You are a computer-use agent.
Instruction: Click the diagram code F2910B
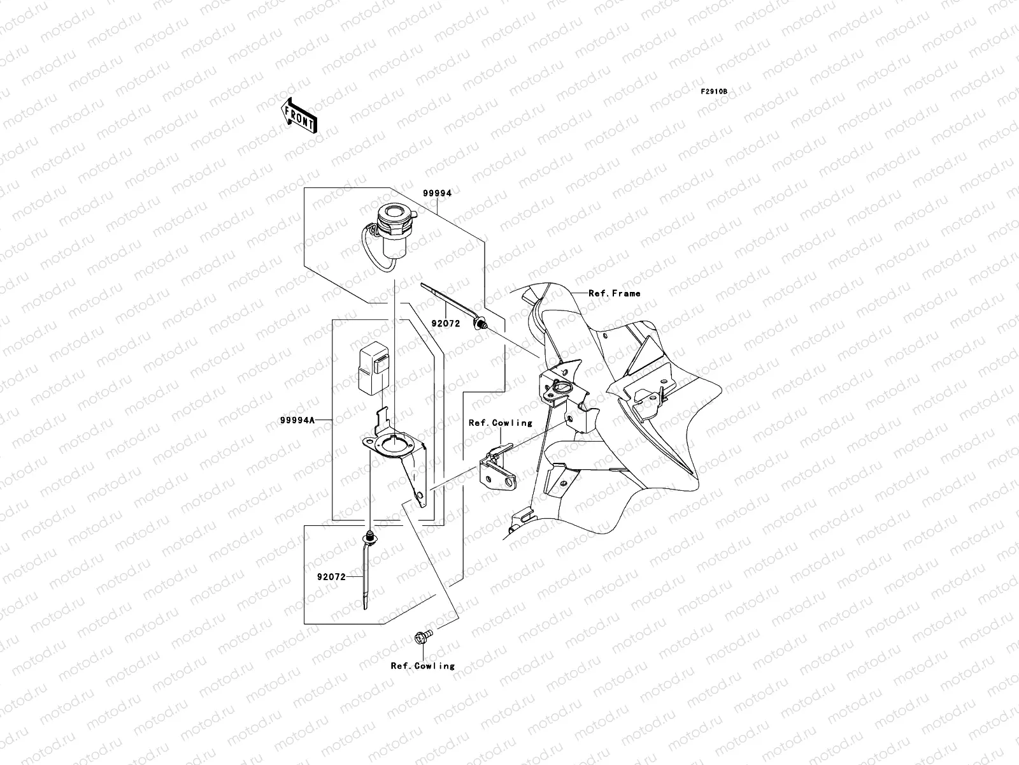coord(714,92)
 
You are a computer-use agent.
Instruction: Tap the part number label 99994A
coord(297,419)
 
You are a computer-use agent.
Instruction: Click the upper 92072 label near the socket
coord(445,324)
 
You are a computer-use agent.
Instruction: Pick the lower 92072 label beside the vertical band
coord(331,577)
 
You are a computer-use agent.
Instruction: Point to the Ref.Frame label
coord(614,293)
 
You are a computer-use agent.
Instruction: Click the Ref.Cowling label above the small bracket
coord(500,423)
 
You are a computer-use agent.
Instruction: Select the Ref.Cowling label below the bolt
coord(423,666)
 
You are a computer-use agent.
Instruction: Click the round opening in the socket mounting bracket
coord(395,446)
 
